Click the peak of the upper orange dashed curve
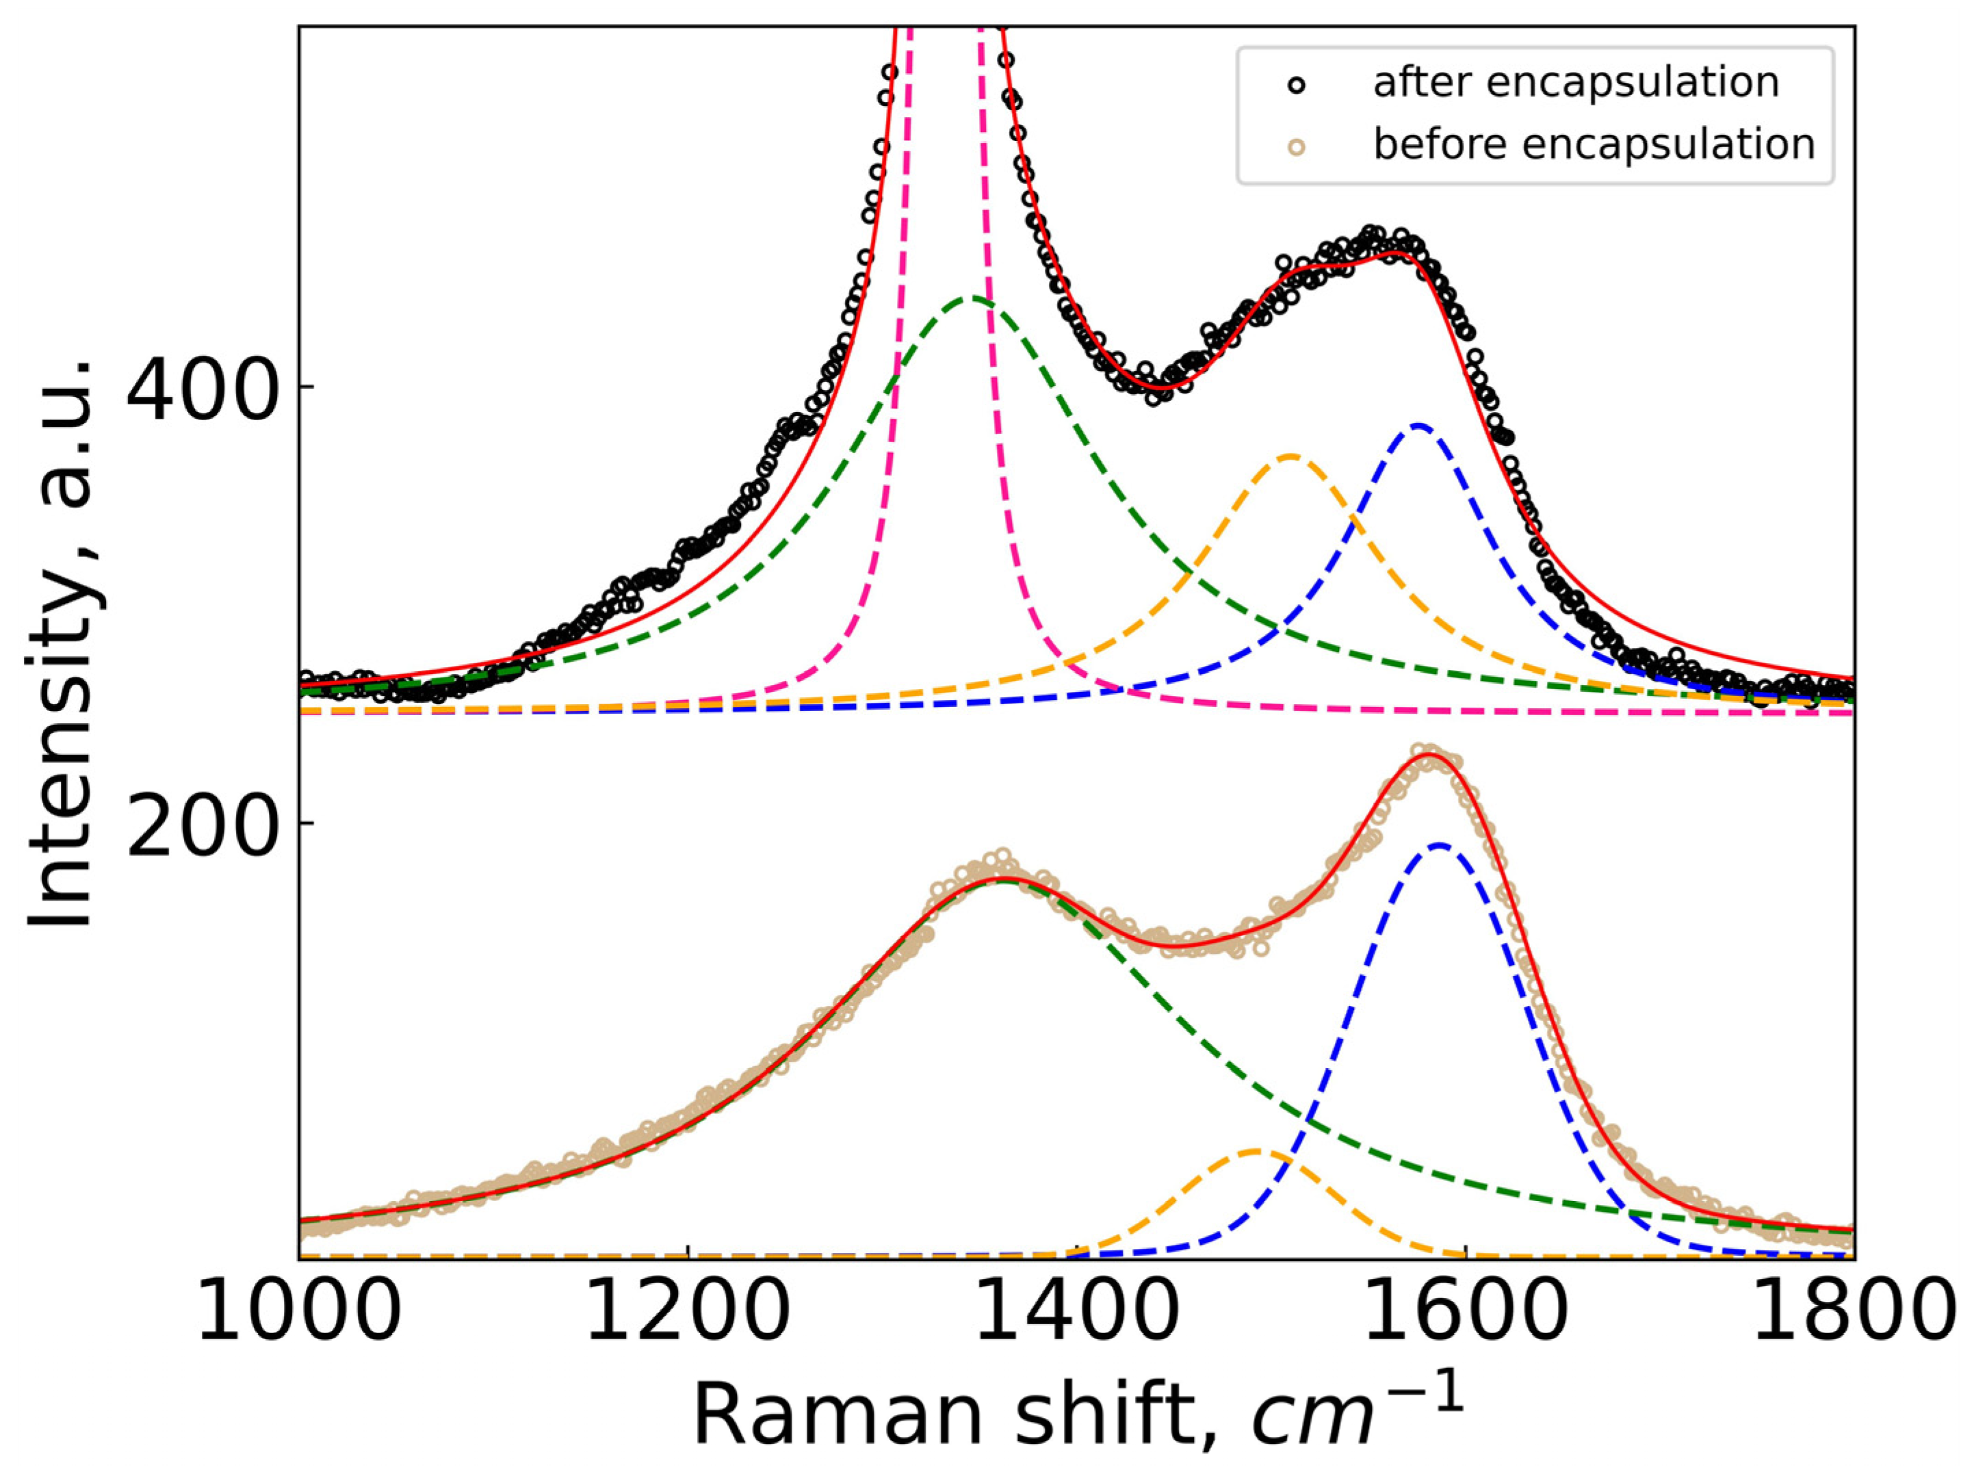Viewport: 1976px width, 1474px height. (x=1290, y=456)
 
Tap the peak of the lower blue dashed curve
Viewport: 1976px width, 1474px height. (x=1438, y=844)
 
